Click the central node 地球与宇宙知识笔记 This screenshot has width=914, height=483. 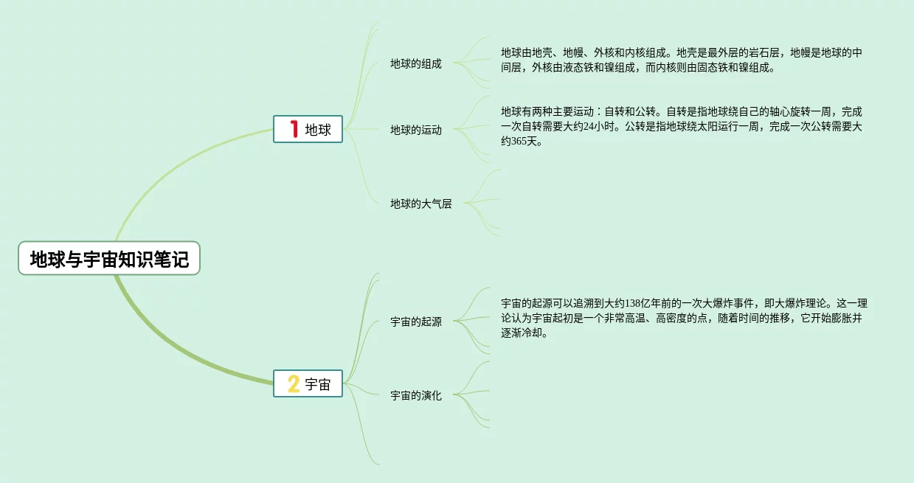click(x=109, y=259)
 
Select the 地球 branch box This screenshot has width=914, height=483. click(x=308, y=129)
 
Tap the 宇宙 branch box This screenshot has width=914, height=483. click(x=308, y=383)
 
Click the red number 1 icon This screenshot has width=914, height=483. click(x=294, y=129)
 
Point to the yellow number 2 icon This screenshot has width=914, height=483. click(x=294, y=383)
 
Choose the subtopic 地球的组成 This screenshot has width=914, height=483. click(x=415, y=63)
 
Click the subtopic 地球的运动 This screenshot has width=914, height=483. click(x=415, y=130)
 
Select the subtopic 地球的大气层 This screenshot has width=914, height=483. click(x=420, y=204)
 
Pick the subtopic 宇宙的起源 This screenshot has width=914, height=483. click(x=415, y=322)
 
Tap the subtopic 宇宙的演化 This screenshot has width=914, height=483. click(x=415, y=395)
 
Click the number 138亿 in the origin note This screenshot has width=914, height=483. click(x=634, y=303)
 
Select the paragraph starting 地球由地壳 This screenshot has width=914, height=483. click(x=682, y=60)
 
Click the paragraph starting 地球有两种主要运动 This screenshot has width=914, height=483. click(x=682, y=127)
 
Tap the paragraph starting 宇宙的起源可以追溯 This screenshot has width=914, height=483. click(x=683, y=318)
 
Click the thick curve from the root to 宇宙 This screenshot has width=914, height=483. click(x=170, y=347)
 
